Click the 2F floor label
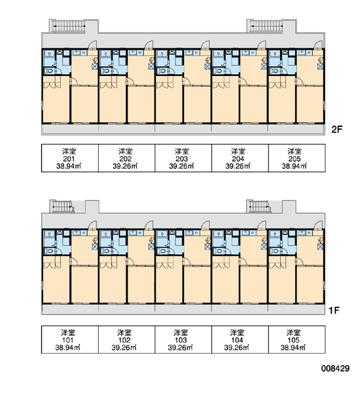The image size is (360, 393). pos(336,129)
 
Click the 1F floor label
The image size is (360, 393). pos(334,310)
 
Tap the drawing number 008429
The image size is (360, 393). pos(335,368)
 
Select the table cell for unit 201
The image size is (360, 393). pos(70,158)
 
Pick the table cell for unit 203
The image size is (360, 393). pos(183,158)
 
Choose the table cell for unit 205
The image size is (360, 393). pos(297,158)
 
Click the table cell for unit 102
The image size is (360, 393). pos(126,339)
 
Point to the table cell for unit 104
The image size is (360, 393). pos(240,339)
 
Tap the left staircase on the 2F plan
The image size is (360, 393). pos(68,26)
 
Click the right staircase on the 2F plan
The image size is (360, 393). pos(266,26)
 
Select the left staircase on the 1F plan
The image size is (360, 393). pos(62,207)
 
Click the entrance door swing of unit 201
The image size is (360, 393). pos(92,45)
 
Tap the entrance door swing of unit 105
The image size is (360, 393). pos(318,225)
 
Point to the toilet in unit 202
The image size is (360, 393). pos(106,71)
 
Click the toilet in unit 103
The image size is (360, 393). pos(162,251)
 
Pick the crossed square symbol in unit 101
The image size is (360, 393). pos(94,247)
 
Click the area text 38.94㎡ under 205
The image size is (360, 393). pos(295,166)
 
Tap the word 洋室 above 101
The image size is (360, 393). pos(68,333)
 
